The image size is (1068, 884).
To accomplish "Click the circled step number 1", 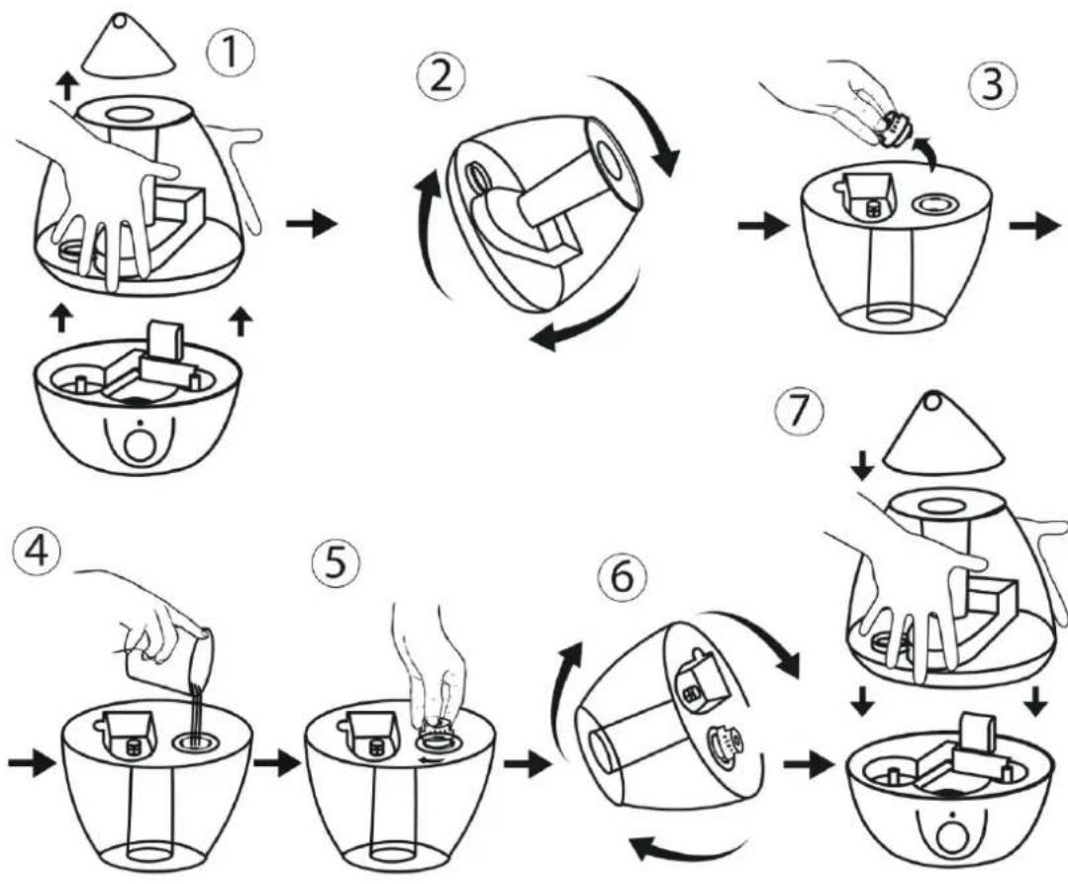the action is click(x=231, y=51).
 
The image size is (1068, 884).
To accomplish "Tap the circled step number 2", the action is click(x=441, y=77).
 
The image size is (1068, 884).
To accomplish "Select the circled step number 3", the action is click(x=993, y=86).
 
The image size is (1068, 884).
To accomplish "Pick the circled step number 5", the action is click(x=335, y=564).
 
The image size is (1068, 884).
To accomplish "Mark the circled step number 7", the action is click(x=800, y=412).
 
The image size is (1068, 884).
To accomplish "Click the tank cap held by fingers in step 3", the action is click(x=890, y=131).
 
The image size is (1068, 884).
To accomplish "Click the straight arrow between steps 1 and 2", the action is click(x=312, y=224).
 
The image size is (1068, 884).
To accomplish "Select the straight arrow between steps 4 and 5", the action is click(x=277, y=764).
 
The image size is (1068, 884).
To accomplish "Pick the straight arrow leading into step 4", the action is click(x=32, y=763).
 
